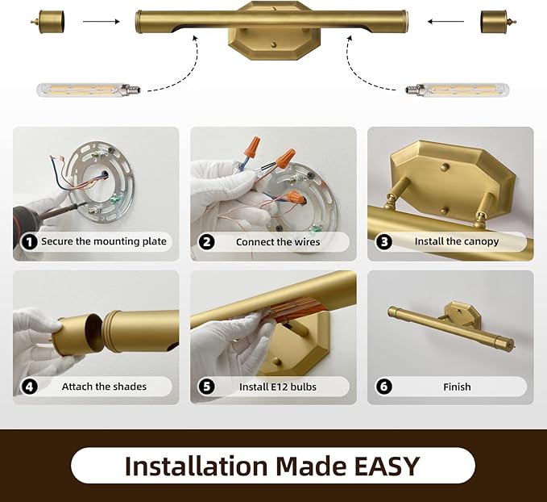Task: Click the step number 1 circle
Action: coord(29,241)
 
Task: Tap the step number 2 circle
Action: coord(206,242)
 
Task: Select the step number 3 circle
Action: coord(383,242)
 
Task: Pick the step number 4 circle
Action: coord(29,387)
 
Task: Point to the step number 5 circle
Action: coord(206,387)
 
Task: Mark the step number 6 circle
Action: coord(383,387)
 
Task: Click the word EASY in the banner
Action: coord(387,466)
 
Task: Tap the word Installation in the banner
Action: coord(196,466)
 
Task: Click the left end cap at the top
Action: coord(48,22)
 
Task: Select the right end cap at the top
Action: coord(498,22)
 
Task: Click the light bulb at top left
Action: coord(89,90)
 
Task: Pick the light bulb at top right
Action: coord(457,90)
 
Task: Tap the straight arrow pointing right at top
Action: coord(102,22)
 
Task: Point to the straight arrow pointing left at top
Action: coord(445,22)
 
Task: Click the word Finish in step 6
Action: coord(457,387)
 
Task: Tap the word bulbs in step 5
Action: coord(304,387)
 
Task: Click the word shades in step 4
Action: coord(129,387)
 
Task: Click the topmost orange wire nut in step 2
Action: coord(252,147)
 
